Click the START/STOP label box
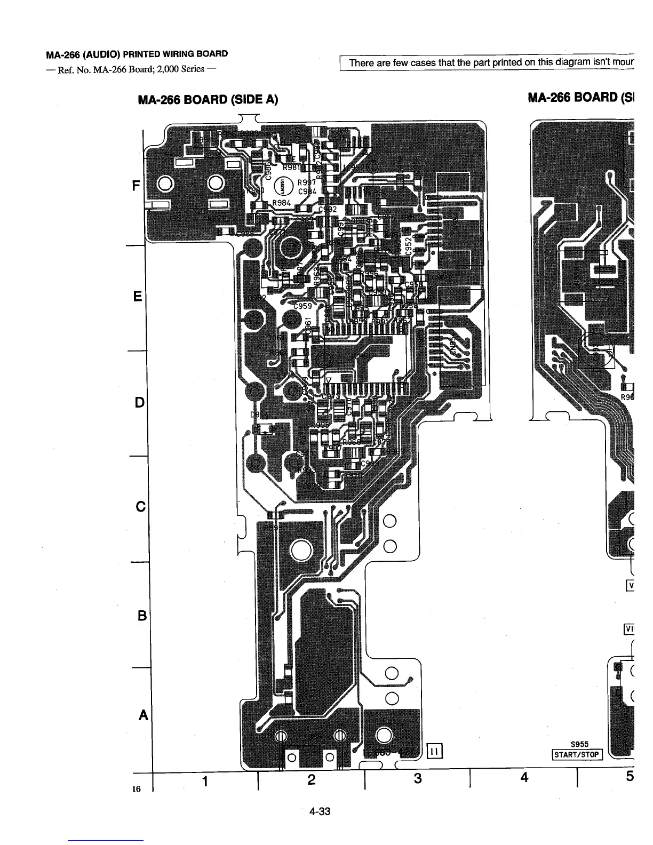577,754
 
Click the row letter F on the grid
136,186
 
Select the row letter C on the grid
140,506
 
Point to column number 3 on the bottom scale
417,779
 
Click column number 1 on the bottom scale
205,781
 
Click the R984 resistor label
281,203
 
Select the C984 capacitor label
308,192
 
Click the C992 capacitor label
327,209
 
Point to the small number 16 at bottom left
136,789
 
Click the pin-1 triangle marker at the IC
328,380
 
